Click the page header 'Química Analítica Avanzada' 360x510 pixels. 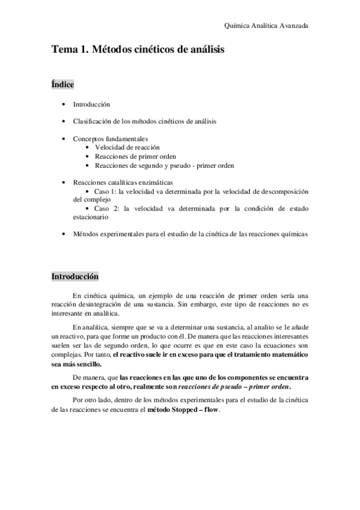[266, 25]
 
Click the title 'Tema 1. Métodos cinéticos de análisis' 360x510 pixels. [138, 51]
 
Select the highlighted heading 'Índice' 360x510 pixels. [62, 85]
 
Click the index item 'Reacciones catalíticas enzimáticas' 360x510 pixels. [123, 182]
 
